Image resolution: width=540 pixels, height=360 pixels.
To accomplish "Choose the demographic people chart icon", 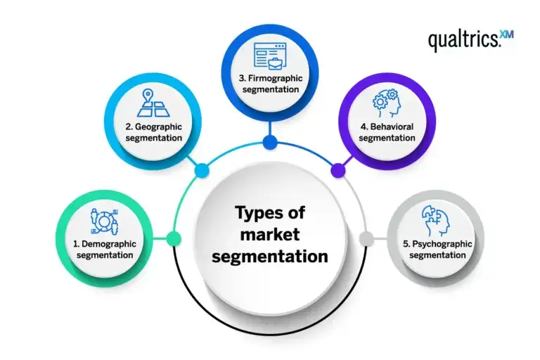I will pos(104,221).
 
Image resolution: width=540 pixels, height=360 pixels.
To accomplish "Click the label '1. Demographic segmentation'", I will pos(105,249).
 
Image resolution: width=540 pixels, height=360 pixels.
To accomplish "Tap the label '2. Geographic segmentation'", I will pos(154,132).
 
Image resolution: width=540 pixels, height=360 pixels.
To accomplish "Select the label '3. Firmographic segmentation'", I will pos(271,84).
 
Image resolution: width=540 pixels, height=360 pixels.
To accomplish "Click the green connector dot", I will pos(174,238).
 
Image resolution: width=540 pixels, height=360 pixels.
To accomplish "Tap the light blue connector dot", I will pos(202,169).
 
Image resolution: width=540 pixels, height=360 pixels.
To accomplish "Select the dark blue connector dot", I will pos(270,143).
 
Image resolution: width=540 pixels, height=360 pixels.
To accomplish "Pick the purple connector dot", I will pos(337,169).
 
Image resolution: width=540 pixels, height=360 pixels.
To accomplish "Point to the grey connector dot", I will pos(366,238).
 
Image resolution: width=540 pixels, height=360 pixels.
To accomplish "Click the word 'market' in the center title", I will pos(269,234).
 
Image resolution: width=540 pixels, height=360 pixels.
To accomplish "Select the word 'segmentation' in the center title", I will pos(270,256).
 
